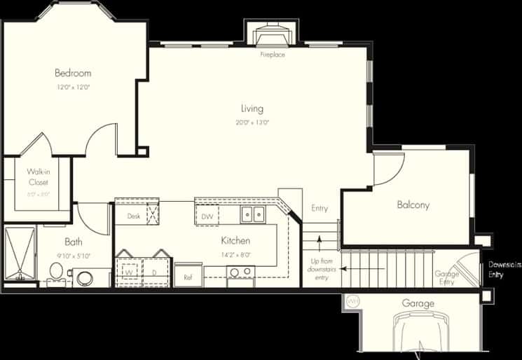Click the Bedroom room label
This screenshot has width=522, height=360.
click(73, 73)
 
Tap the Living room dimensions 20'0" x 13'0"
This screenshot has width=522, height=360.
click(252, 123)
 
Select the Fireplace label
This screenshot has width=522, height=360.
click(273, 55)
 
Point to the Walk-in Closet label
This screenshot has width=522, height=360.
click(38, 176)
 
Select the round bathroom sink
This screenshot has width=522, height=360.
click(85, 278)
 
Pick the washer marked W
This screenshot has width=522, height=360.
click(129, 270)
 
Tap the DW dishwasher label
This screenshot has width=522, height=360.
click(207, 217)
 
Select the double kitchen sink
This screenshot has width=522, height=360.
click(252, 214)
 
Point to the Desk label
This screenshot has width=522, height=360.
click(134, 217)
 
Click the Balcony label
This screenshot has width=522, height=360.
click(413, 205)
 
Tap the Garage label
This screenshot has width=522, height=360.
click(418, 303)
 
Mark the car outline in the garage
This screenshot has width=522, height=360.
click(419, 336)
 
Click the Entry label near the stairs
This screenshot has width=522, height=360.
click(320, 208)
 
